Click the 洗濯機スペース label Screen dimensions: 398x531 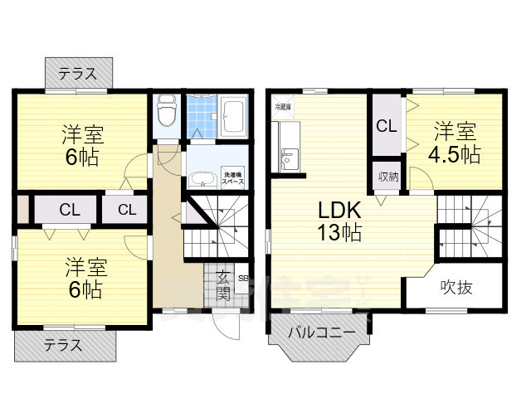click(232, 177)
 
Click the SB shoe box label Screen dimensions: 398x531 click(242, 279)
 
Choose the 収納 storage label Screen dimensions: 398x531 click(388, 177)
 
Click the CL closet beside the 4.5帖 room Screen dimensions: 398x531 click(385, 126)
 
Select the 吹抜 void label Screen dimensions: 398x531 click(456, 289)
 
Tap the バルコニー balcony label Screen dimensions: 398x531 click(322, 333)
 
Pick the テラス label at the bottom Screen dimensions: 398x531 click(63, 345)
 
